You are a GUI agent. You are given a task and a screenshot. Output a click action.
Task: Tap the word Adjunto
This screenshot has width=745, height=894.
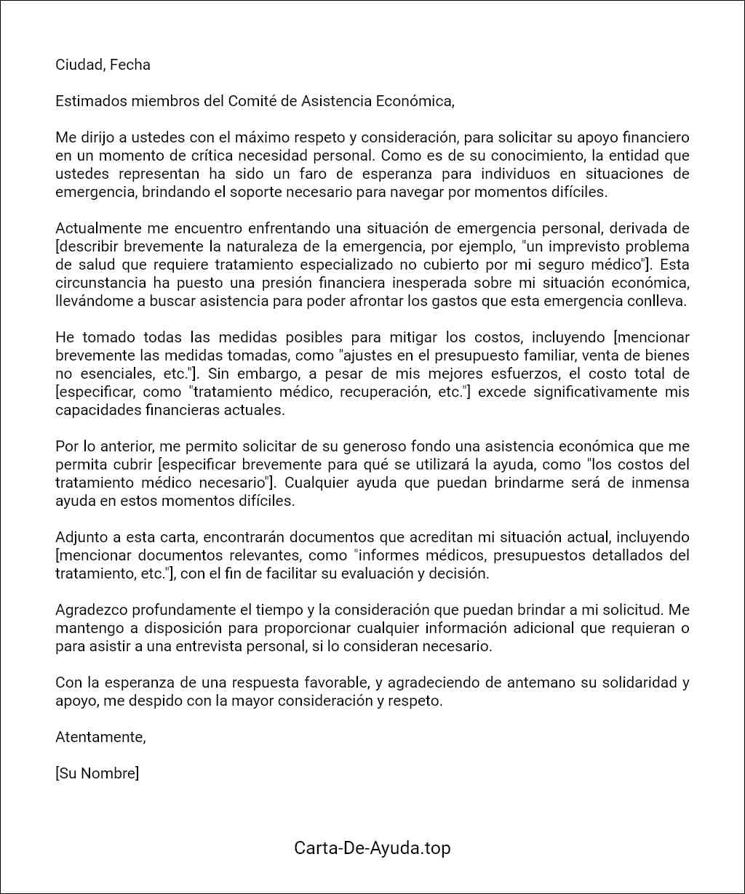tap(81, 537)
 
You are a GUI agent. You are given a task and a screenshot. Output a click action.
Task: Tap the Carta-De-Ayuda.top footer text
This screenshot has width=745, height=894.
tap(372, 847)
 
